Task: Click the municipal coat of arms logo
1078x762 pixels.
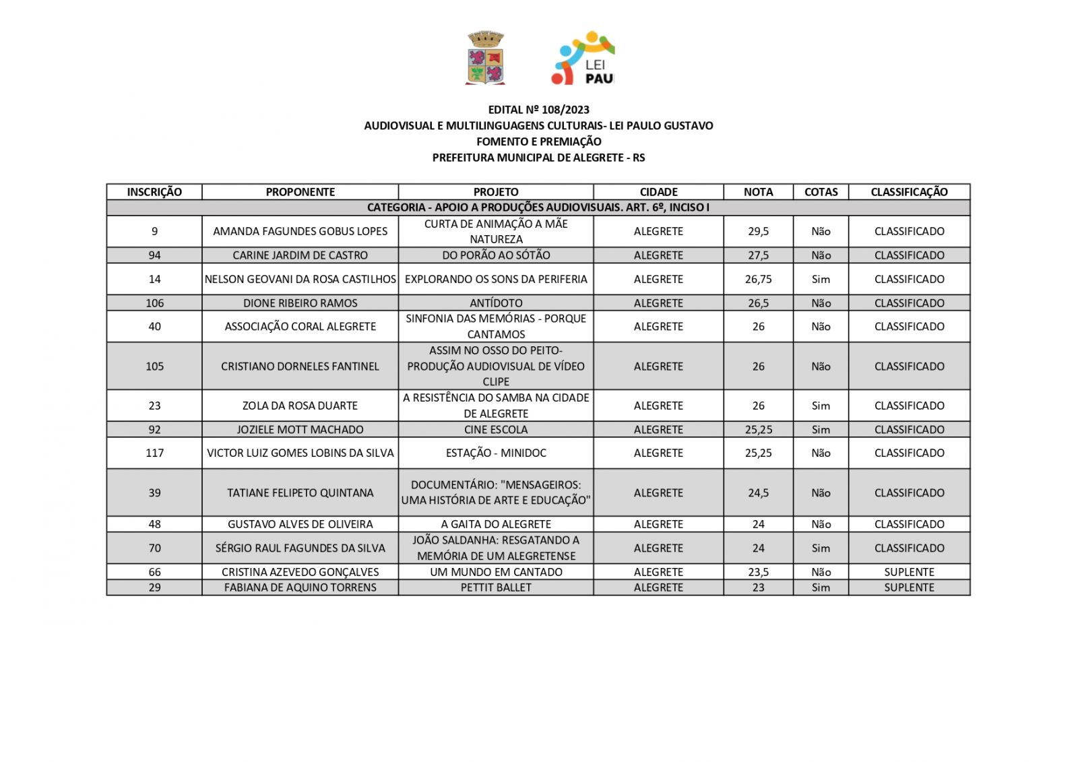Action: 485,58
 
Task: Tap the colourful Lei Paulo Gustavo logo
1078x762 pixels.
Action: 583,58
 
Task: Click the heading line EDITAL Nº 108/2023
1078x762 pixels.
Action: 538,109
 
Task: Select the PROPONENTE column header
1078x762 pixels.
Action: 300,192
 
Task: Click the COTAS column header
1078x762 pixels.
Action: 821,192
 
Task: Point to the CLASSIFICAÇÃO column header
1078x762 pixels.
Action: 909,192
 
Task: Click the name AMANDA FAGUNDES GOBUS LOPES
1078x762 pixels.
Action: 300,231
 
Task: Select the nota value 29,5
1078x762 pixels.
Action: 758,231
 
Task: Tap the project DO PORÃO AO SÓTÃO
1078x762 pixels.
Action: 496,255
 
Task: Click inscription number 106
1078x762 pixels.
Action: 154,303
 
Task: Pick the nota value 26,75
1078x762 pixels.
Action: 758,279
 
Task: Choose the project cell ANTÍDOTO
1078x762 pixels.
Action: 496,303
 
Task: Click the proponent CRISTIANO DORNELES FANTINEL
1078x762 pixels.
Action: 300,367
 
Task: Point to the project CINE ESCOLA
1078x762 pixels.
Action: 496,430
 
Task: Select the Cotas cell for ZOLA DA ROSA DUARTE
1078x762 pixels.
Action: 821,406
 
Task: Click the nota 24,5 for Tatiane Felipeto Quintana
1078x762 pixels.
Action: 758,493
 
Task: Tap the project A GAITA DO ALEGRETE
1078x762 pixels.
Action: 496,524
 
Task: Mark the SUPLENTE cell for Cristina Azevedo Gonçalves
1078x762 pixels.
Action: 909,572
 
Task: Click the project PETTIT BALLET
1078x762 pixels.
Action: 496,588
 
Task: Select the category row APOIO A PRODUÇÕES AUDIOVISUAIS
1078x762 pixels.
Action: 538,208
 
